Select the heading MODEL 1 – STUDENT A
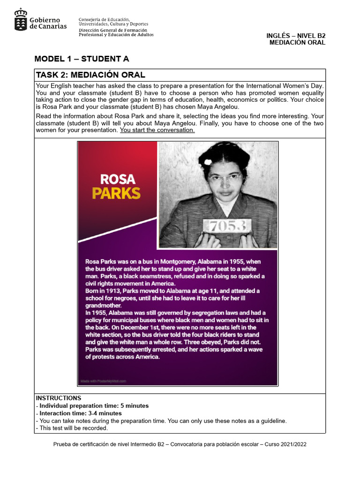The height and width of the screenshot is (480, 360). coord(82,59)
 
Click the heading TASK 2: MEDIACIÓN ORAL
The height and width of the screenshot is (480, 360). coord(90,75)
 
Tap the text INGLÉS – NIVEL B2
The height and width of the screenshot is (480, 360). coord(295,36)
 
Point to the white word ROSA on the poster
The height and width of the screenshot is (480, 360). coord(118,179)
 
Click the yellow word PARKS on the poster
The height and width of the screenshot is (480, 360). coord(116,193)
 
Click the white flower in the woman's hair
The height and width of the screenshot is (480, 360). coord(208,161)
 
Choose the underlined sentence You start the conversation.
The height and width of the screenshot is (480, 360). coord(157,130)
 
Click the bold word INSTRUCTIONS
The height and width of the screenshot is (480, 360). coord(59,398)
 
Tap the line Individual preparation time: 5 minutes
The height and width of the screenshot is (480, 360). coord(94,405)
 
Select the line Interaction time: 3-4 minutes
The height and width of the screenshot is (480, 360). coord(80,413)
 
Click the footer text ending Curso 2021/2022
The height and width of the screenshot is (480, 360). coord(180,444)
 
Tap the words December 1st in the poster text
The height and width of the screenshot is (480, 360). coord(139,327)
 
